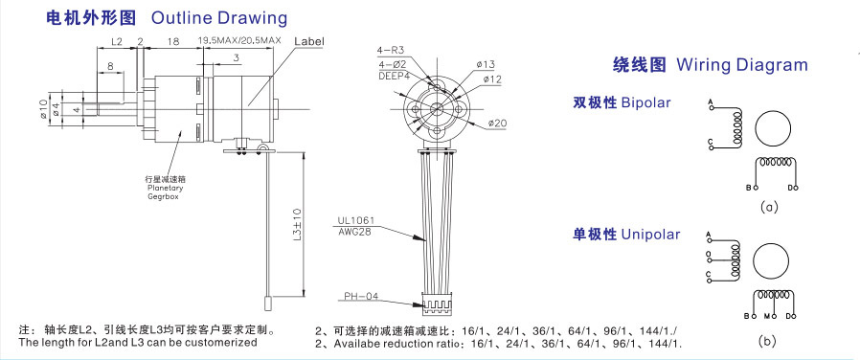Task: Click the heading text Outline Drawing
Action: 219,17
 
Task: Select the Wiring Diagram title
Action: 742,65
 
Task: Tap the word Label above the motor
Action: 308,41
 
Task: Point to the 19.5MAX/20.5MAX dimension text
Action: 239,40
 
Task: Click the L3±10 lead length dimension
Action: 297,225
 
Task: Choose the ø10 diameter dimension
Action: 44,109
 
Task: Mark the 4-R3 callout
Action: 388,51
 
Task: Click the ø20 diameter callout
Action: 496,124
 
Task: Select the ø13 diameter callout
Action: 486,65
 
